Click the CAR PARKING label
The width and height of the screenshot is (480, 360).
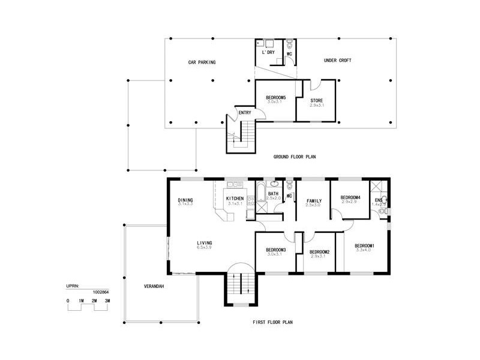[202, 62]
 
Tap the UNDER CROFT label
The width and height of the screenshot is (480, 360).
[337, 60]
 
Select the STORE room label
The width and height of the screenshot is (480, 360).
[317, 100]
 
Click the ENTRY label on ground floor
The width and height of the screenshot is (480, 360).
[245, 112]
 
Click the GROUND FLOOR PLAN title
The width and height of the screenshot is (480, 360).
[295, 157]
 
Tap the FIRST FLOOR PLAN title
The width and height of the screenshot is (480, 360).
[272, 322]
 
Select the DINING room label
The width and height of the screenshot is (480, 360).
[184, 200]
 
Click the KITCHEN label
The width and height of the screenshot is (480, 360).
[235, 198]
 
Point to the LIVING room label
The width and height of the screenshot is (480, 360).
[205, 243]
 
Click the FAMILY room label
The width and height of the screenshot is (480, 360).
[314, 200]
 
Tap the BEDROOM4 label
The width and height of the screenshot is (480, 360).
[350, 197]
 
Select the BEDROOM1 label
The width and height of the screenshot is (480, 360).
[364, 245]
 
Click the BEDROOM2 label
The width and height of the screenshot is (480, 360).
[320, 251]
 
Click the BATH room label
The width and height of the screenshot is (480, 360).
[273, 194]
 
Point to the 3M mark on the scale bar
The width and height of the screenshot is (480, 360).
[107, 299]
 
